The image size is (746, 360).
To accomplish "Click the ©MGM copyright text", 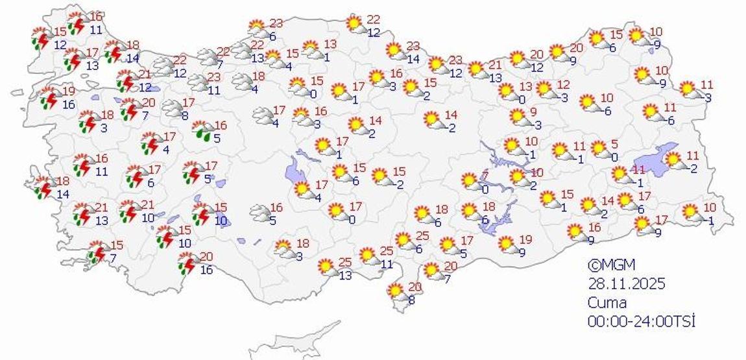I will (611, 265).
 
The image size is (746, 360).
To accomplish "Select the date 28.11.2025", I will (627, 283).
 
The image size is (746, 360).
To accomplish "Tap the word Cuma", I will (607, 302).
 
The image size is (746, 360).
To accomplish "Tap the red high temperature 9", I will (533, 112).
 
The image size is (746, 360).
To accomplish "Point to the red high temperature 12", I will (563, 85).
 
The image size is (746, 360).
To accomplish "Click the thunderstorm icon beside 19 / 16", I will (49, 98).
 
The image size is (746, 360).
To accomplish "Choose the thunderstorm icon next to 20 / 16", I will (189, 263).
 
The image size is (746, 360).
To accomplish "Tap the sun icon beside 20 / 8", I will (396, 291).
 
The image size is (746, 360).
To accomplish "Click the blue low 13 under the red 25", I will (344, 275).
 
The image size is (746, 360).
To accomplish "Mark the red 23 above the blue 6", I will (277, 23).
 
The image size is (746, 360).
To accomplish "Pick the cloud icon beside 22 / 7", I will (208, 57).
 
